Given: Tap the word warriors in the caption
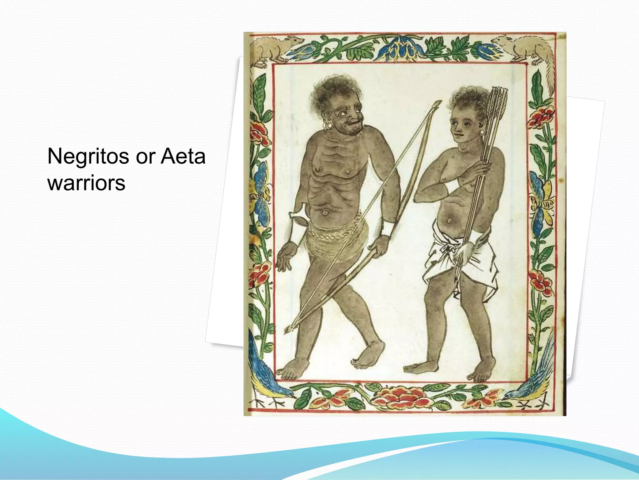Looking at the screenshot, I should pyautogui.click(x=86, y=183).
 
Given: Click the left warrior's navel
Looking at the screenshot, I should pyautogui.click(x=324, y=213).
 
